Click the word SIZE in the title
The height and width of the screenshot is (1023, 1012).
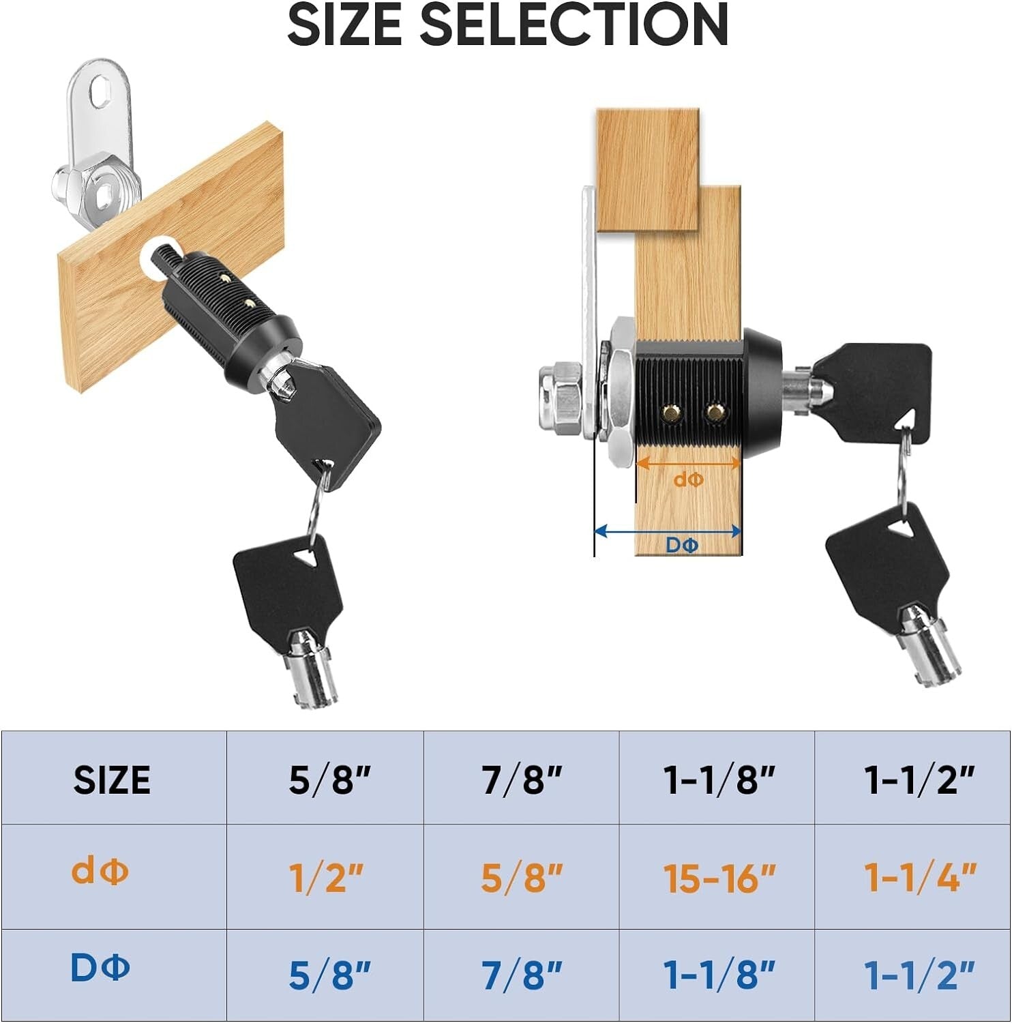coord(344,25)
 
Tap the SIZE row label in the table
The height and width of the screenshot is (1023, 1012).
coord(112,780)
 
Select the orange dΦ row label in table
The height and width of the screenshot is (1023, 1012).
coord(100,872)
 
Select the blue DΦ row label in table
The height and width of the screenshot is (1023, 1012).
coord(100,968)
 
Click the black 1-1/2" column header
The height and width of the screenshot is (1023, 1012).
coord(919,780)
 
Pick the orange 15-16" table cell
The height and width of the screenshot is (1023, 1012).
coord(719,878)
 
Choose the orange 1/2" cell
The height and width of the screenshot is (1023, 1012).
coord(326,878)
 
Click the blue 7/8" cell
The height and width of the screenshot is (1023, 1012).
coord(522,975)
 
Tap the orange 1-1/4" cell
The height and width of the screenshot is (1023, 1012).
coord(920,878)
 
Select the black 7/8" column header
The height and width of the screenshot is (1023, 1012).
coord(522,780)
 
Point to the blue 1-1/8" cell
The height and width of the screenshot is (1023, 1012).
coord(719,975)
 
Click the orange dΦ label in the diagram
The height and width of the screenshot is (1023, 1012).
coord(688,480)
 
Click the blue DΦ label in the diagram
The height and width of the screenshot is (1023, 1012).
coord(682,546)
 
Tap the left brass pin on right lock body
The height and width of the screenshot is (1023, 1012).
coord(670,411)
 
